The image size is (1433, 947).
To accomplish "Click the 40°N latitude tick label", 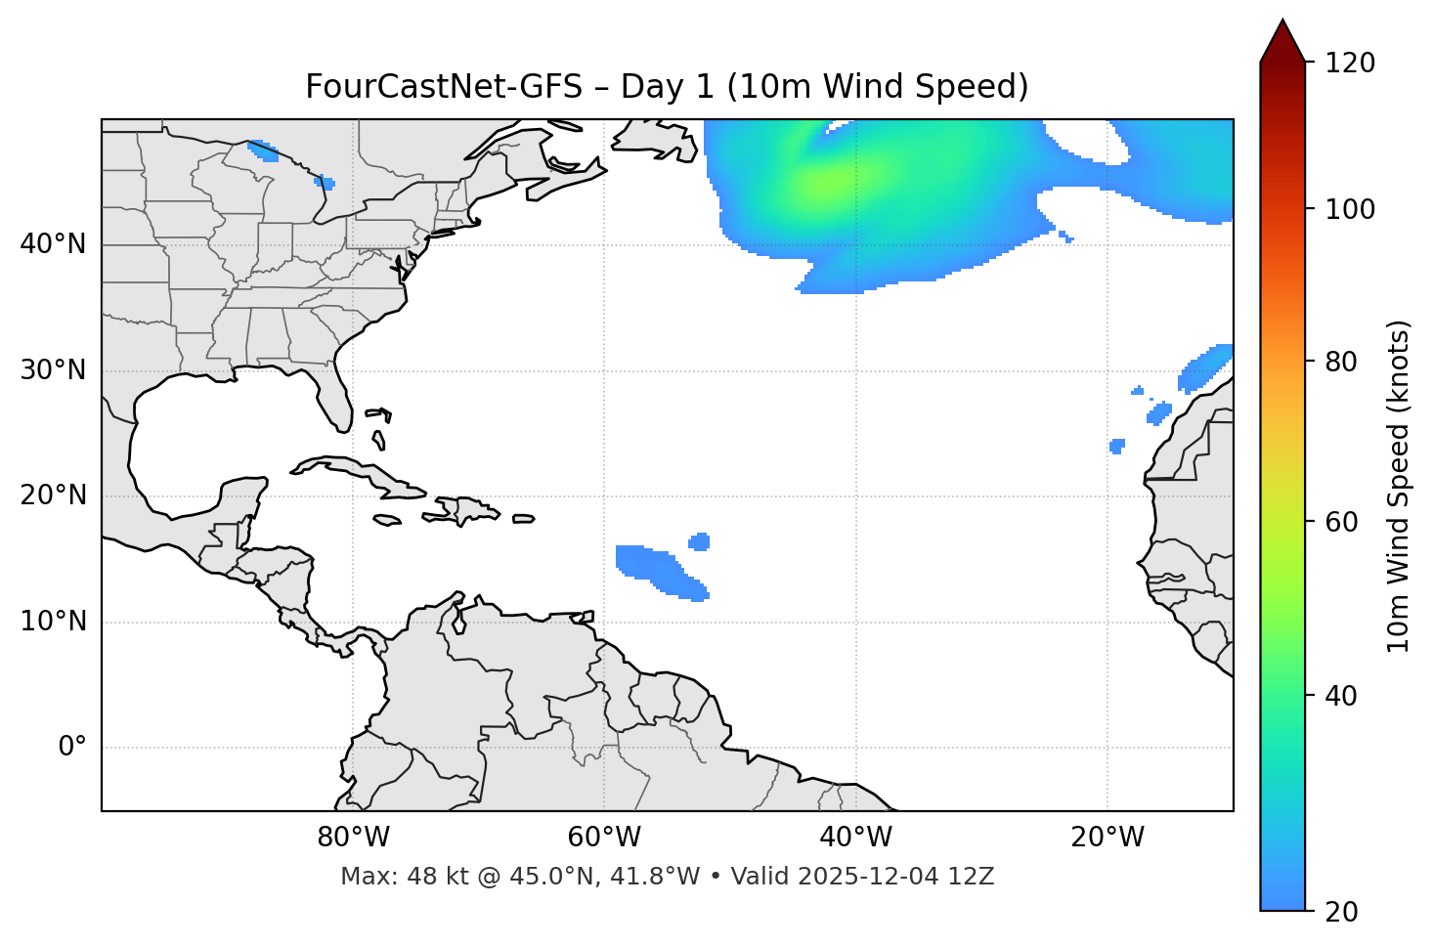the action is [x=53, y=244].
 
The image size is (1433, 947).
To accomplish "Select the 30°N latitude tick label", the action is [x=53, y=370].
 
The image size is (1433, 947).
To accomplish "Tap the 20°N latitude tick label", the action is [x=53, y=495].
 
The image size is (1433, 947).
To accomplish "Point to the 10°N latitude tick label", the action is [x=53, y=622].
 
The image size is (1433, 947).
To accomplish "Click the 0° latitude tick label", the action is [x=72, y=748].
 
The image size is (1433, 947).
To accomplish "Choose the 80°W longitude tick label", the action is [x=353, y=838].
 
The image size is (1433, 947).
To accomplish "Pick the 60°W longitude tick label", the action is [x=604, y=838].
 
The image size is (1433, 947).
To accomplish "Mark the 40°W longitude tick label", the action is [x=855, y=838].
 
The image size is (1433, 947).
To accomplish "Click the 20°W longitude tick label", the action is [x=1107, y=838].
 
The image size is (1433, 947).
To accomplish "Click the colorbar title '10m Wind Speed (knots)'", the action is [x=1399, y=486].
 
